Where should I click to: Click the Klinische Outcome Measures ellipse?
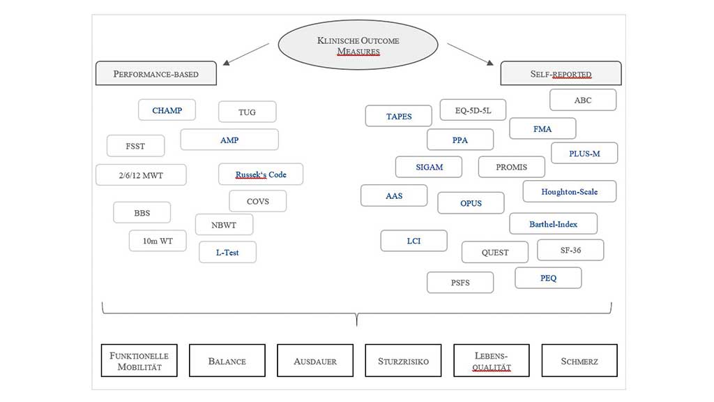pos(358,45)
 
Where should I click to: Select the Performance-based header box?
pos(155,73)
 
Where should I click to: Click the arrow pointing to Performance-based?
pos(245,54)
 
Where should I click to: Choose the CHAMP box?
pos(167,110)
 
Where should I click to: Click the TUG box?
pos(247,112)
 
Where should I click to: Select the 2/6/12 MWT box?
pos(141,175)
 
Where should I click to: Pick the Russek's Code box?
pos(260,174)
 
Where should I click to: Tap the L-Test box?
pos(227,252)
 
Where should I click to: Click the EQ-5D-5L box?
pos(473,110)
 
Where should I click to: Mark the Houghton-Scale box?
pos(569,191)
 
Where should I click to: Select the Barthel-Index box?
pos(553,224)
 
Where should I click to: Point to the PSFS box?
pos(461,283)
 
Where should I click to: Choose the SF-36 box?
pos(570,250)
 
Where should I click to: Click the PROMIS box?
pos(511,167)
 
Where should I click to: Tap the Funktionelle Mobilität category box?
pos(139,361)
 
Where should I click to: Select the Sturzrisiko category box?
pos(404,362)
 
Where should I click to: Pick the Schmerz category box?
pos(579,362)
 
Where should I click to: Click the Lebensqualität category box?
pos(492,362)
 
